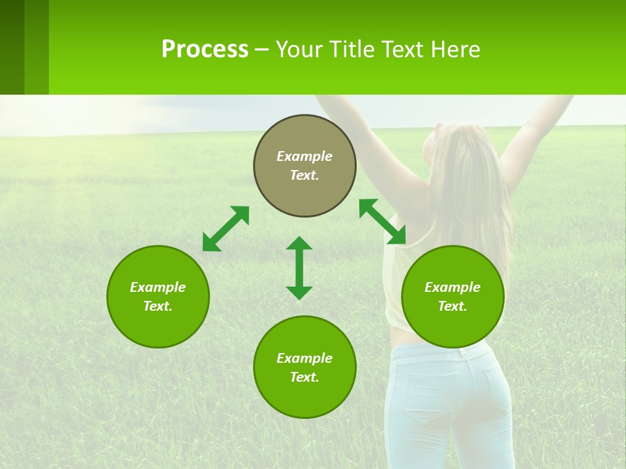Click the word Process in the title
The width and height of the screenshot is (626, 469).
tap(205, 50)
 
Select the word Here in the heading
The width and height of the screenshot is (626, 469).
tap(456, 50)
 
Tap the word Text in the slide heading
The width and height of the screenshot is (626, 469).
tap(404, 50)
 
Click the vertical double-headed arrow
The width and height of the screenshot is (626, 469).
tap(299, 268)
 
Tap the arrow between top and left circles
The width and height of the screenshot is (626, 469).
tap(226, 229)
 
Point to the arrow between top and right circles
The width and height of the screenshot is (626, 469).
tap(383, 221)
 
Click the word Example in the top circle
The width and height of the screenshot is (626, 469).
tap(305, 156)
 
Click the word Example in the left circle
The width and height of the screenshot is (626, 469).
tap(158, 287)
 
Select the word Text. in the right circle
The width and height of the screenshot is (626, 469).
tap(453, 306)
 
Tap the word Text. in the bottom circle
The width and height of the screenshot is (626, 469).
tap(305, 377)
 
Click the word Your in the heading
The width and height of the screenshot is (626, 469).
tap(297, 50)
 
